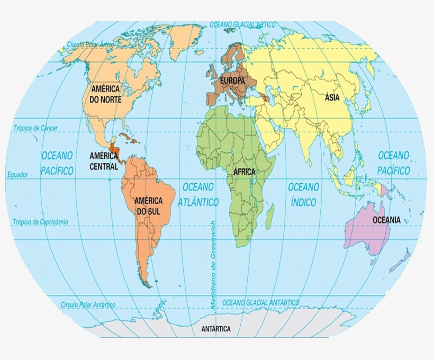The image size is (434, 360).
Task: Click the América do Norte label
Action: point(106,94)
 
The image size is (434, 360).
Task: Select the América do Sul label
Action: point(148,206)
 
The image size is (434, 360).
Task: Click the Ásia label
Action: point(332,97)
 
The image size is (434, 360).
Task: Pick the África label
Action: point(244,172)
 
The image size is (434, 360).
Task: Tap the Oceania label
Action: point(386,220)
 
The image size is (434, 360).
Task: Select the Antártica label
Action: point(216,329)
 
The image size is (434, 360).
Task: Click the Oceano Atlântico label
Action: point(198,194)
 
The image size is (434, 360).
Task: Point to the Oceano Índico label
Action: point(303,194)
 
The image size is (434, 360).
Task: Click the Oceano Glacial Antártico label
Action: point(260,302)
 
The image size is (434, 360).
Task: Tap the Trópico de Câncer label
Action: point(35,128)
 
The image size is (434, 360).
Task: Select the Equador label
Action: point(17,175)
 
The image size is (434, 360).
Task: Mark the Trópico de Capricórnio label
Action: point(40,222)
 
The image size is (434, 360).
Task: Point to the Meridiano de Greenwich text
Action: point(213,265)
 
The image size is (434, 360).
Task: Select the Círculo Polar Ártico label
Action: point(91,45)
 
